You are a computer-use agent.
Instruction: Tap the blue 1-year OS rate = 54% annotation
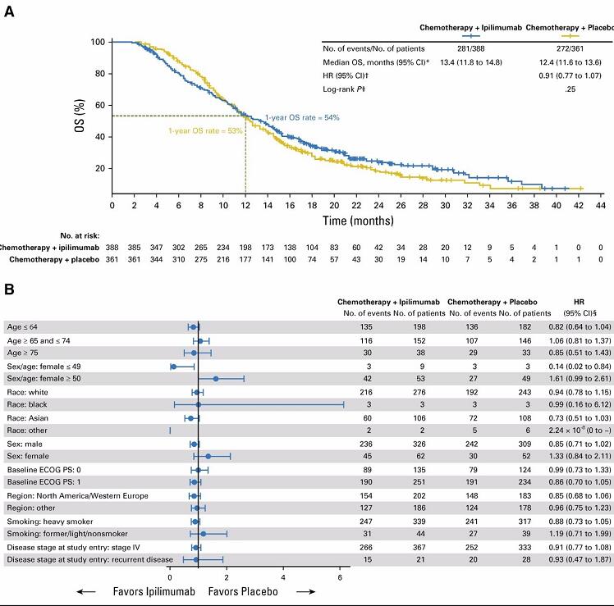click(301, 118)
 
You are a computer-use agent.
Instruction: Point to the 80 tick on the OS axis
click(102, 73)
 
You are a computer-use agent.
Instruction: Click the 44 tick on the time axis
click(602, 205)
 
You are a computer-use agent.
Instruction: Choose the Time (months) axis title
click(355, 221)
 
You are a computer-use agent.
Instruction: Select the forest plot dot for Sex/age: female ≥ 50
click(215, 379)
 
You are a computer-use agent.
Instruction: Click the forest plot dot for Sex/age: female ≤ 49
click(173, 367)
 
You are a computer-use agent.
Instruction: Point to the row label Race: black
click(32, 404)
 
